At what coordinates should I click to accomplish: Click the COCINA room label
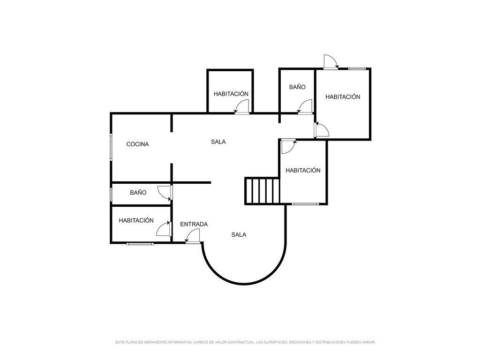pyautogui.click(x=137, y=144)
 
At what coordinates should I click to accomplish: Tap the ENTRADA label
pyautogui.click(x=194, y=225)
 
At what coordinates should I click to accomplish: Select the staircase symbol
pyautogui.click(x=262, y=191)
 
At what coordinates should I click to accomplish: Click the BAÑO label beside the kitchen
pyautogui.click(x=138, y=193)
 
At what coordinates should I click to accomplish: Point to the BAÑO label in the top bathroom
pyautogui.click(x=297, y=87)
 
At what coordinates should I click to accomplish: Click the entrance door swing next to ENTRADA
pyautogui.click(x=193, y=236)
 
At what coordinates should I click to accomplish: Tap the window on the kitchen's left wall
pyautogui.click(x=111, y=147)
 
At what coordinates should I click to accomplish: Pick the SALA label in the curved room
pyautogui.click(x=239, y=235)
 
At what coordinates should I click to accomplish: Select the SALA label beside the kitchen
pyautogui.click(x=218, y=142)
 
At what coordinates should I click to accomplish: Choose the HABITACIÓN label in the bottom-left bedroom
pyautogui.click(x=136, y=220)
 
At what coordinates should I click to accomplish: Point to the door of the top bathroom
pyautogui.click(x=305, y=107)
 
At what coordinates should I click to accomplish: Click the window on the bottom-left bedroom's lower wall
pyautogui.click(x=140, y=244)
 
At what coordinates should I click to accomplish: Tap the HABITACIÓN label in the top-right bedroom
pyautogui.click(x=343, y=97)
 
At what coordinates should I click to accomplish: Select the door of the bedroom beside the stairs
pyautogui.click(x=289, y=147)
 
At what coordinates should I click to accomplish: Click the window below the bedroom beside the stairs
pyautogui.click(x=305, y=204)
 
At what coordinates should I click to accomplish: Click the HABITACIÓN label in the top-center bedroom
pyautogui.click(x=231, y=94)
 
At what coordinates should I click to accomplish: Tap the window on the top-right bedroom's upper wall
pyautogui.click(x=357, y=68)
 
